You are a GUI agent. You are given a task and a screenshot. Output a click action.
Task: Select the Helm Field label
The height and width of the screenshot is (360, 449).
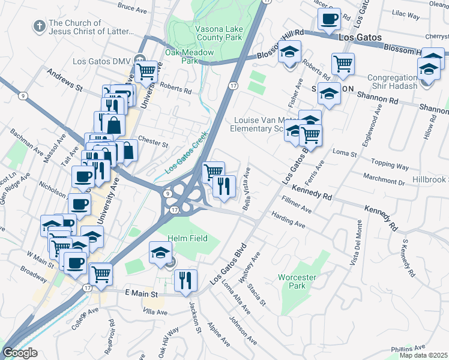[x=188, y=238]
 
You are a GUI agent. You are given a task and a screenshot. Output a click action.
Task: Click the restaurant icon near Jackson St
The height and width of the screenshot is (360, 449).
[x=185, y=280]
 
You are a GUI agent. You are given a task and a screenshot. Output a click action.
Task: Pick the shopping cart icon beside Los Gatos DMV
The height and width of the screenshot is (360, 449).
[x=146, y=71]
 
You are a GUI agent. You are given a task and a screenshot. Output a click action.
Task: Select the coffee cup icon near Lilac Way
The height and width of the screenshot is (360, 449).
[x=329, y=18]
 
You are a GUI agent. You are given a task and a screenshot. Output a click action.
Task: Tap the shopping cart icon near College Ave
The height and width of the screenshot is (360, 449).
[x=101, y=274]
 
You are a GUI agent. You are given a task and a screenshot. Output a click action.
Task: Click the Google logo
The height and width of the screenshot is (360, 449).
[x=20, y=353]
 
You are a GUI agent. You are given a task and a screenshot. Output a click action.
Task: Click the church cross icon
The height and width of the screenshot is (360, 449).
[x=38, y=26]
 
